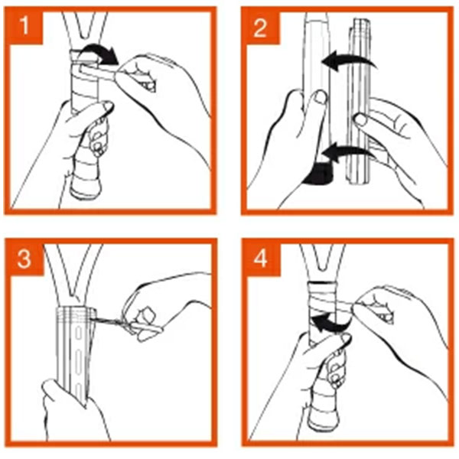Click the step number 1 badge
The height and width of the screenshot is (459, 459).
[x=24, y=26]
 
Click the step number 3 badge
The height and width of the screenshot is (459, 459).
[x=24, y=259]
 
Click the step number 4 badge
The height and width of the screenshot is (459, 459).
[x=261, y=259]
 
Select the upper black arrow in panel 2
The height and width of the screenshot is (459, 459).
[x=348, y=59]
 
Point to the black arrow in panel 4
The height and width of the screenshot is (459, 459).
[x=328, y=323]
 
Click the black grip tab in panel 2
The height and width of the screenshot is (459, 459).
[x=318, y=174]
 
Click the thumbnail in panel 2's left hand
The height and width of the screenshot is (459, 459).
[x=321, y=97]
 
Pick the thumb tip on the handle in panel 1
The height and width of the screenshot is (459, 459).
[x=106, y=106]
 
